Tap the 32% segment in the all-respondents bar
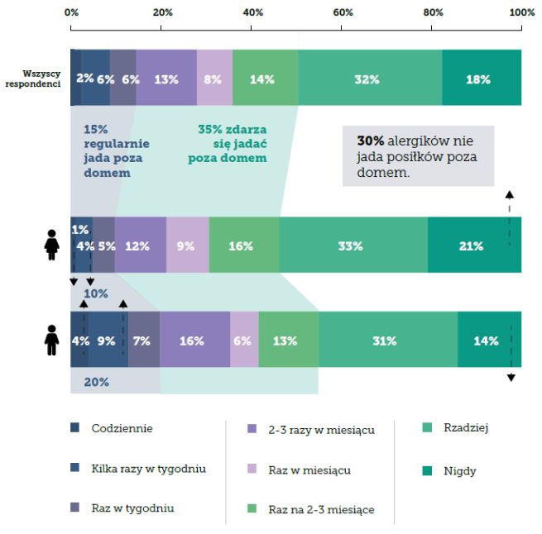[369, 79]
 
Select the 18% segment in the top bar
[481, 79]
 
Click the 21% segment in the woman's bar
[474, 246]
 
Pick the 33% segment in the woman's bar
[353, 246]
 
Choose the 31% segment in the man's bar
[388, 340]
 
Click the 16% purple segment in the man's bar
[194, 340]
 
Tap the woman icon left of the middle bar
[50, 245]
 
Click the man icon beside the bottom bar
[51, 339]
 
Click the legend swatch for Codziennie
[75, 428]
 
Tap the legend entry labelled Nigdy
[459, 471]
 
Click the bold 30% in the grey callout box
[369, 141]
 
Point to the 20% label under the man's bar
[96, 382]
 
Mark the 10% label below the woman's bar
[96, 293]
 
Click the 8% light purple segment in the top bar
[214, 79]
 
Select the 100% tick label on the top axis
[521, 12]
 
